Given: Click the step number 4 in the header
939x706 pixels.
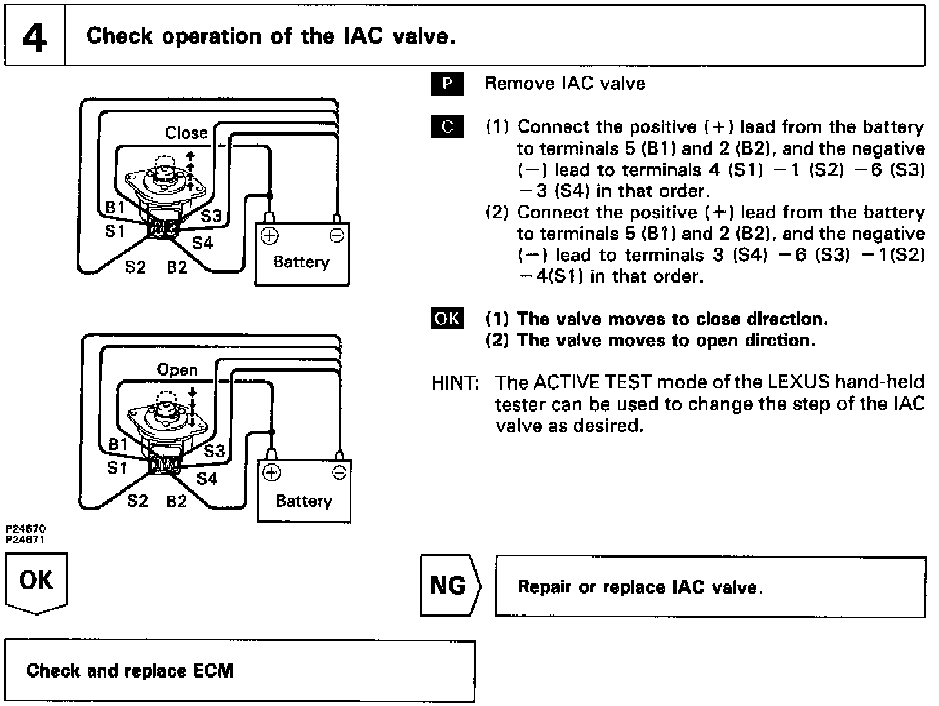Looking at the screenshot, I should coord(35,37).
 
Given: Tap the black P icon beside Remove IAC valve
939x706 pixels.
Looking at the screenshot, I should coord(447,85).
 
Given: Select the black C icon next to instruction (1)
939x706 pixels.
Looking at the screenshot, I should coord(447,127).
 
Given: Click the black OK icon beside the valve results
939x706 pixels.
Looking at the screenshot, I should coord(447,319).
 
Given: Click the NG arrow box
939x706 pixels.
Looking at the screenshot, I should coord(450,585).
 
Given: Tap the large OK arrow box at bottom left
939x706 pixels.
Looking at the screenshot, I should coord(36,581).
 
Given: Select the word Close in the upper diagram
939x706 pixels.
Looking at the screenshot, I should coord(186,133).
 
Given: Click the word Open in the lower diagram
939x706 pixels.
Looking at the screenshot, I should coord(177,370).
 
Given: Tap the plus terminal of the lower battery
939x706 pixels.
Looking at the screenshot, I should coord(272,473).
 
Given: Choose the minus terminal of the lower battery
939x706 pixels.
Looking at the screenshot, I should coord(339,473).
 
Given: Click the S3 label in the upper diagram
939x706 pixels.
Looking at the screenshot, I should coord(211,216).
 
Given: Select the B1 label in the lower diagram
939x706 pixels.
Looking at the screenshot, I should coord(118,444).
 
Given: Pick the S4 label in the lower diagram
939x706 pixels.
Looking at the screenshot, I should coord(207,479).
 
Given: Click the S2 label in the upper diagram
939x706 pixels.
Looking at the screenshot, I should coord(135,267).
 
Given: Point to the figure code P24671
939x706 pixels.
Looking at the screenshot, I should coord(26,540).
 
